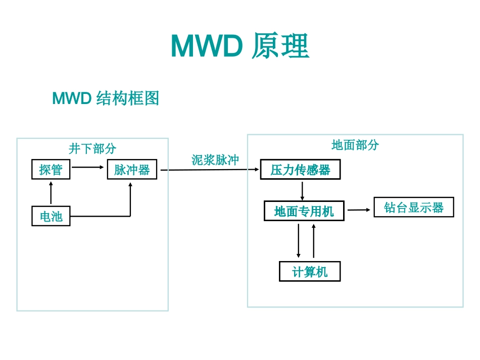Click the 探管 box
point(51,170)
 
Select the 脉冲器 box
point(132,170)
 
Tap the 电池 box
point(51,216)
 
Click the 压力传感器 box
point(300,170)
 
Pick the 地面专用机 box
point(304,211)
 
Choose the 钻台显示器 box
point(414,208)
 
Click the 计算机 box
point(310,272)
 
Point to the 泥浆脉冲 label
point(215,160)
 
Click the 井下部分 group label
point(92,148)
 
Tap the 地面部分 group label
point(355,145)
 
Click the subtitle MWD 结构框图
point(106,98)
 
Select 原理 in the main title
point(280,47)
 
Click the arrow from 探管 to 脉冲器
point(88,166)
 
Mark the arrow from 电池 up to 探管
point(51,192)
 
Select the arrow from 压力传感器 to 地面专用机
point(302,190)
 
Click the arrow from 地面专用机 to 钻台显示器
point(359,210)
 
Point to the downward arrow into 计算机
point(299,241)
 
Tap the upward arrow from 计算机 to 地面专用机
point(314,241)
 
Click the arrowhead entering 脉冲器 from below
point(130,185)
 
